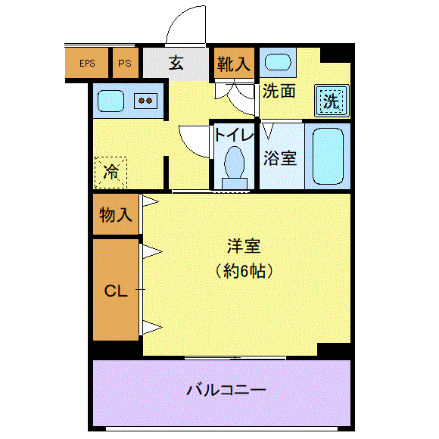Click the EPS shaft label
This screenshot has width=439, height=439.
point(87,64)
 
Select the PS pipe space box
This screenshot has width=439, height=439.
point(126,63)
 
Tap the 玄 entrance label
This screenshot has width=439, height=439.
point(176,63)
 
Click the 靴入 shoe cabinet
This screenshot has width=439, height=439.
point(234,63)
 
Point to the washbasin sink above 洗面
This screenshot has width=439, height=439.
point(278,62)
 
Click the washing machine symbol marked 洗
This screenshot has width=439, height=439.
point(332,101)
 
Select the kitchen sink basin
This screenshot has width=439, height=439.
point(111,101)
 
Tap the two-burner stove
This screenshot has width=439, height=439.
point(145,101)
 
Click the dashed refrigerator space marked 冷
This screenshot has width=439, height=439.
point(111,173)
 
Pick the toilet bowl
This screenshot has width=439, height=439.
point(235,167)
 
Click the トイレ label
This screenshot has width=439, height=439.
point(234,135)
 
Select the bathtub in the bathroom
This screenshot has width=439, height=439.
point(328,156)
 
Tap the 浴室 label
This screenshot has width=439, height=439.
point(280,158)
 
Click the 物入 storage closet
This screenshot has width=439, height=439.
point(116,214)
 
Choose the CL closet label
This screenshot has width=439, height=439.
point(116,291)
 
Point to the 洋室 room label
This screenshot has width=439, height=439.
point(244,246)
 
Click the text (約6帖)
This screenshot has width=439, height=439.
point(244,271)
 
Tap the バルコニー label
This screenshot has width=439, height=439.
point(226,390)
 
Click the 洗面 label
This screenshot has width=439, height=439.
point(279,91)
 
